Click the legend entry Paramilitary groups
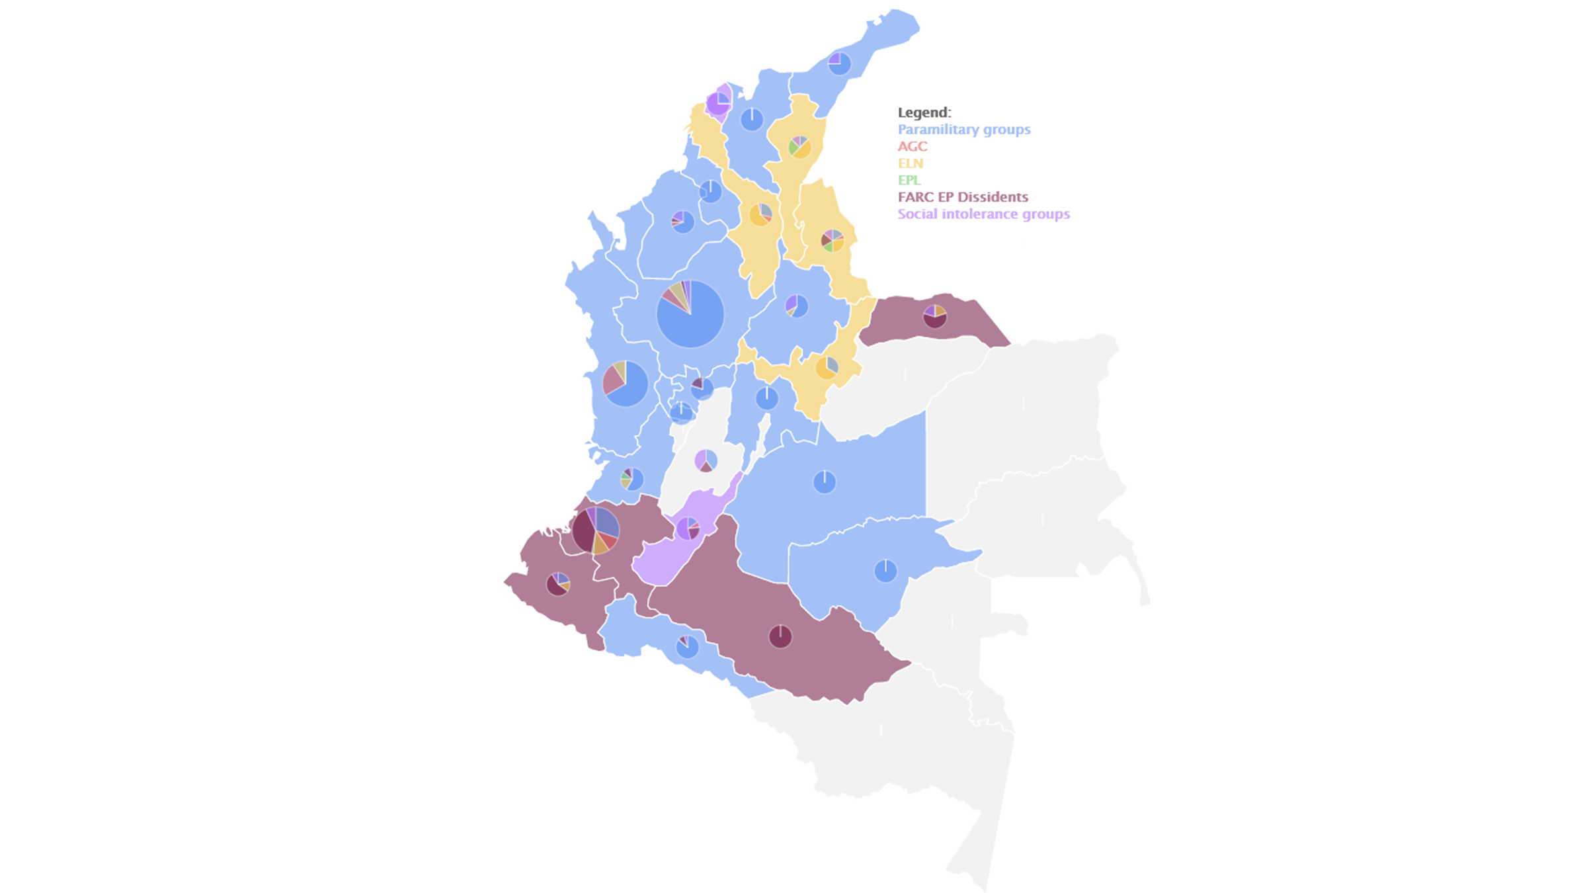click(963, 130)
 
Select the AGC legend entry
click(912, 146)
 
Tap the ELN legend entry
click(910, 163)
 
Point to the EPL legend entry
click(909, 180)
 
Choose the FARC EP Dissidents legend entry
click(962, 197)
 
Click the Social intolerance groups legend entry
click(983, 214)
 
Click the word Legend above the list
click(924, 112)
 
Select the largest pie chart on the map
click(690, 314)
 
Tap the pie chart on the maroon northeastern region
click(934, 316)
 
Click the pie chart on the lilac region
click(688, 529)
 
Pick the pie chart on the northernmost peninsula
click(839, 64)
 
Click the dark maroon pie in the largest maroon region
click(780, 636)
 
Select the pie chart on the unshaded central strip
click(706, 460)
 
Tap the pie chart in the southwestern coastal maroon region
click(558, 584)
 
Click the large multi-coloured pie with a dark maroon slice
click(595, 530)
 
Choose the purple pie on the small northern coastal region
click(718, 103)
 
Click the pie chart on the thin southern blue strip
click(687, 646)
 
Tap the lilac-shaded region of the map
click(661, 562)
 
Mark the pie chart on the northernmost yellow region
click(799, 147)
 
